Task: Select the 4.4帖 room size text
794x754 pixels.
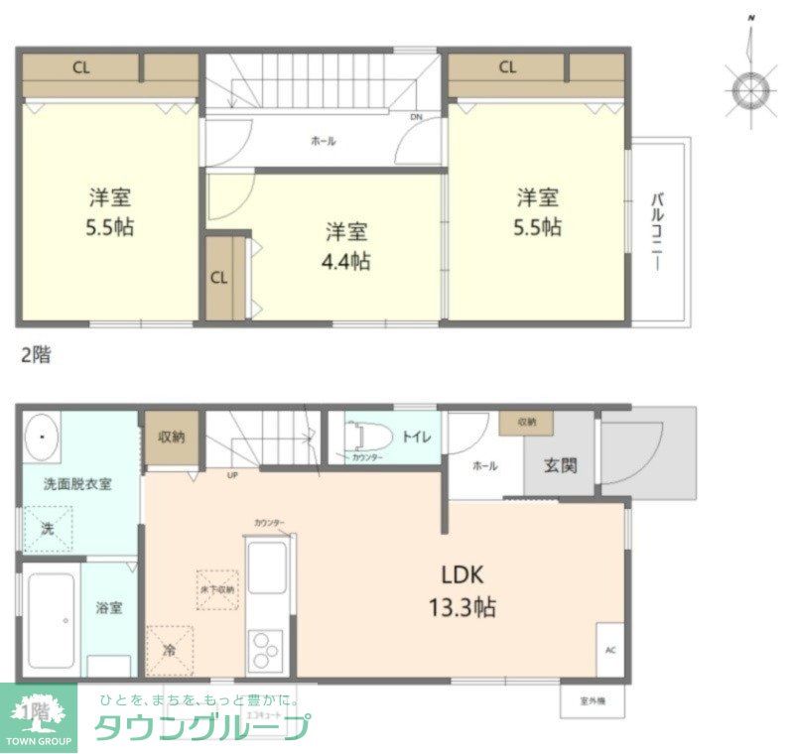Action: [347, 262]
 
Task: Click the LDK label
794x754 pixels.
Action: [463, 575]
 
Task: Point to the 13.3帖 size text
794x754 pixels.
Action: [463, 606]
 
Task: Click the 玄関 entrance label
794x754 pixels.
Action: [562, 464]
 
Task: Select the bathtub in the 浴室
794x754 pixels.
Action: [50, 621]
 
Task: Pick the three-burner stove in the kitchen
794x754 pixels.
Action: [265, 652]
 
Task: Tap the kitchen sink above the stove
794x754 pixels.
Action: [267, 571]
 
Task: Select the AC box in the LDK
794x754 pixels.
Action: [610, 652]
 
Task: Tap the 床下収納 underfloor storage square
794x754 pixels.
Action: [216, 589]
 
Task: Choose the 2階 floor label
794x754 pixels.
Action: [36, 355]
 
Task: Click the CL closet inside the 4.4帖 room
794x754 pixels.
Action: [219, 278]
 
